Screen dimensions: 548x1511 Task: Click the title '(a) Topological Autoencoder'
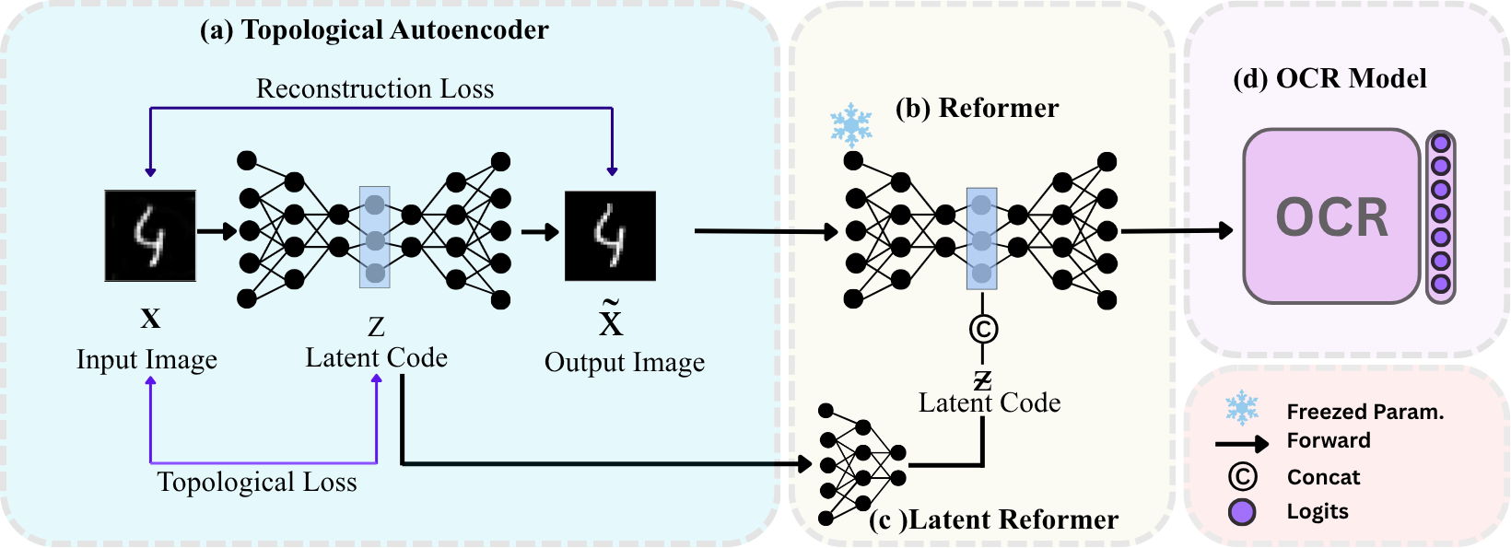tap(374, 30)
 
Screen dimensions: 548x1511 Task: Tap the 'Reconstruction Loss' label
tap(375, 88)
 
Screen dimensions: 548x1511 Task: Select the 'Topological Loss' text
tap(257, 482)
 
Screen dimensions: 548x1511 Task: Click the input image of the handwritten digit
tap(150, 236)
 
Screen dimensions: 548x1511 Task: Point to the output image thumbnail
tap(610, 236)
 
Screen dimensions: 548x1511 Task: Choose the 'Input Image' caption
tap(146, 359)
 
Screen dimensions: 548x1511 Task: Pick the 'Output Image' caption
tap(625, 363)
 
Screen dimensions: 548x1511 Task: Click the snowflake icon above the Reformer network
tap(851, 124)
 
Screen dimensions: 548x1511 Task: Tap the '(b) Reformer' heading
tap(977, 109)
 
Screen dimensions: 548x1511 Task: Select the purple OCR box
tap(1331, 217)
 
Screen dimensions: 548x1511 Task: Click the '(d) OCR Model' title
tap(1329, 79)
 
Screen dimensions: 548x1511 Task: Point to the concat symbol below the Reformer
tap(983, 329)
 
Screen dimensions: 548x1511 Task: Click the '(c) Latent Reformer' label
tap(994, 520)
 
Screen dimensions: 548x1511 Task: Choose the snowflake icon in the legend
tap(1241, 408)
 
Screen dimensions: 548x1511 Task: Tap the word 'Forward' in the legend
tap(1329, 440)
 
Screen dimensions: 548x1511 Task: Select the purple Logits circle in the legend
tap(1242, 512)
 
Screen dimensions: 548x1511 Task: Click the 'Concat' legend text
tap(1323, 477)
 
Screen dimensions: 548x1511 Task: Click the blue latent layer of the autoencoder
tap(375, 238)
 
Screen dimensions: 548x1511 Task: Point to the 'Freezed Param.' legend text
tap(1365, 412)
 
